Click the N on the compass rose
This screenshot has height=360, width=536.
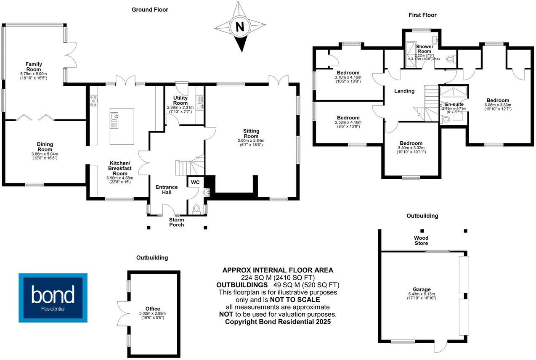tap(239, 27)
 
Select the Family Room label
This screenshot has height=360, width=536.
tap(34, 67)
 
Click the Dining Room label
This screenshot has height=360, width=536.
tap(45, 147)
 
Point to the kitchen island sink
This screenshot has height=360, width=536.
tap(114, 119)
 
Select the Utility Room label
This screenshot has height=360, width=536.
tap(180, 100)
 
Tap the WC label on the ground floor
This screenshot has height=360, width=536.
tap(195, 182)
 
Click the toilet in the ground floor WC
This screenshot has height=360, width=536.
tap(196, 209)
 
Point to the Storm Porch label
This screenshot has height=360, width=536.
tap(176, 222)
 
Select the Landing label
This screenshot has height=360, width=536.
tap(404, 91)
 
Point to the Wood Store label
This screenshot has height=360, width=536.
tap(421, 241)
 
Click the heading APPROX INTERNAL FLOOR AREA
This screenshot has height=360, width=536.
tap(278, 270)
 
